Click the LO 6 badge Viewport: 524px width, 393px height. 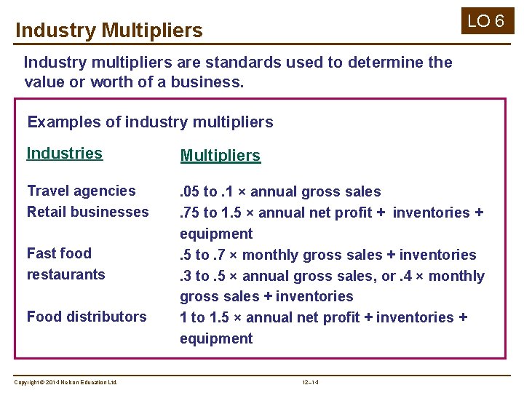coord(485,20)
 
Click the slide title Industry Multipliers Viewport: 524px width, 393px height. coord(108,31)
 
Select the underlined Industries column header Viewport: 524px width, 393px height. coord(64,153)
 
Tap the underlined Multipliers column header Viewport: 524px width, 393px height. coord(220,156)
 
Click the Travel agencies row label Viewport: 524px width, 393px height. coord(81,191)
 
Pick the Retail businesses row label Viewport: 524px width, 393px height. coord(87,212)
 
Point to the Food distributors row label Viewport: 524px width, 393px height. coord(87,317)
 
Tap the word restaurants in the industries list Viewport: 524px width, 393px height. coord(65,274)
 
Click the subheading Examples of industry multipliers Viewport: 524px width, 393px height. coord(150,122)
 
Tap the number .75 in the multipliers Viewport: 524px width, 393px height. coord(189,213)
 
